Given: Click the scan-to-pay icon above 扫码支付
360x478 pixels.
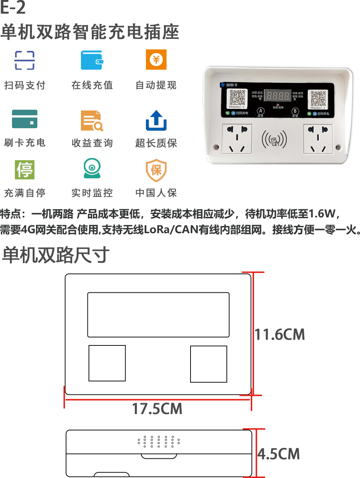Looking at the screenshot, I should click(x=25, y=60).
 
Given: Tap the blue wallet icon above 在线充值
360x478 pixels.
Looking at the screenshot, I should click(x=92, y=60).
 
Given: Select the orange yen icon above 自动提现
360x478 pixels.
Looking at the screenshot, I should click(x=156, y=60).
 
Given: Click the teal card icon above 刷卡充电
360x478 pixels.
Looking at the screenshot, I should click(x=25, y=119).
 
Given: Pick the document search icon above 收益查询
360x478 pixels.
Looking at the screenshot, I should click(x=92, y=121).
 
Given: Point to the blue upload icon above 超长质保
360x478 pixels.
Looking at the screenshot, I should click(x=156, y=120).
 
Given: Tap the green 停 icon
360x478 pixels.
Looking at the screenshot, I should click(x=25, y=170).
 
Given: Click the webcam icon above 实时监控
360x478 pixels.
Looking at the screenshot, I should click(x=92, y=168).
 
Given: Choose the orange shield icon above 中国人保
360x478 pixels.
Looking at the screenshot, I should click(x=156, y=170).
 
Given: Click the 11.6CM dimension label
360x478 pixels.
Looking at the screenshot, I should click(x=279, y=335).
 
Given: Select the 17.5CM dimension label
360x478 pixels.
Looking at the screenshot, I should click(x=157, y=409).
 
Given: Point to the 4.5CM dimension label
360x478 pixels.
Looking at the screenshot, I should click(x=279, y=454).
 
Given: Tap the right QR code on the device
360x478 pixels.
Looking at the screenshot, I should click(x=318, y=98).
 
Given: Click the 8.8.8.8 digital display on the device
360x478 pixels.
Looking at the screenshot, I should click(x=278, y=96).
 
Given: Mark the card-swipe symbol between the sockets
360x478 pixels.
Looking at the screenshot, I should click(x=274, y=139).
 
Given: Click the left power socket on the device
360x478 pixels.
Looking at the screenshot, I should click(x=237, y=139).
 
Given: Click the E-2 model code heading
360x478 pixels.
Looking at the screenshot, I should click(x=13, y=8).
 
